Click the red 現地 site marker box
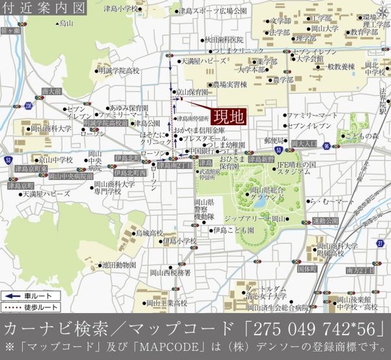(229, 117)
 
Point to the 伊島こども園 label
(233, 230)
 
